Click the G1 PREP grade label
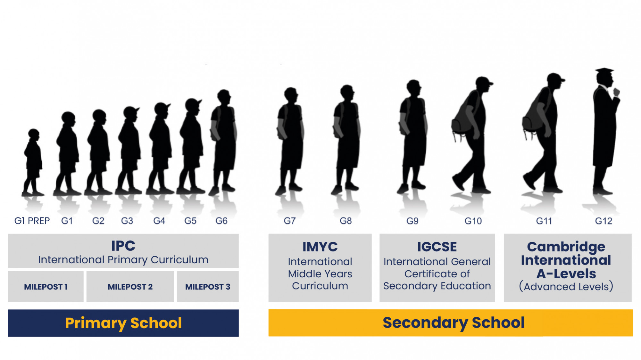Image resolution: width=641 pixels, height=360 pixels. coord(32,221)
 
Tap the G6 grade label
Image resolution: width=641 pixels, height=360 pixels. coord(221,221)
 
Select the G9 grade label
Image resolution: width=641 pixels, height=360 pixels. coord(412,221)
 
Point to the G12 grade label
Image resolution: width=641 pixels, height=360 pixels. coord(604,221)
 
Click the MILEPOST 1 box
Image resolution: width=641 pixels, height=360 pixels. coord(46,287)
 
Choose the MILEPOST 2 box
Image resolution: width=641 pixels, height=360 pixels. coord(130,287)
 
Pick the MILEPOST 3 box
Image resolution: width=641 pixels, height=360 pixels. coord(208,287)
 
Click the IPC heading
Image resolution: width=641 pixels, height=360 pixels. coord(123,246)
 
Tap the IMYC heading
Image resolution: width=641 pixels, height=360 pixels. coord(320,247)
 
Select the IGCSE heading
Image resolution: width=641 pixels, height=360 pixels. coord(437,247)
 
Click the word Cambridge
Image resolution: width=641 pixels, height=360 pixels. coord(566,247)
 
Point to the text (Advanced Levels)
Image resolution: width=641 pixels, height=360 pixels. coord(566,286)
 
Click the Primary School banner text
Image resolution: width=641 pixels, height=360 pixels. coord(123,323)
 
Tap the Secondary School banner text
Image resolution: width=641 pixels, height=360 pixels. coord(454,323)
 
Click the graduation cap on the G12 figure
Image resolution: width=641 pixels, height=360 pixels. coord(604,71)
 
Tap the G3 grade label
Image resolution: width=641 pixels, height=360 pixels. coord(127,221)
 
